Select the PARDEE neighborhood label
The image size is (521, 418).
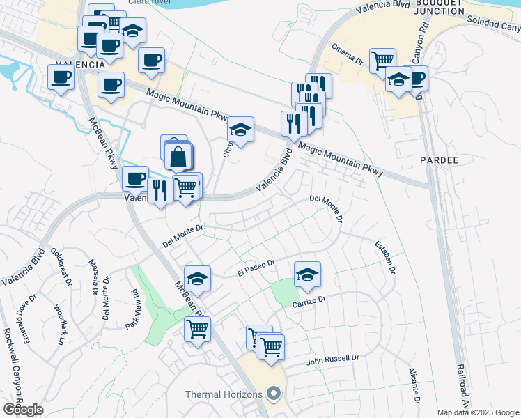click(439, 160)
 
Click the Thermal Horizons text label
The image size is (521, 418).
click(224, 394)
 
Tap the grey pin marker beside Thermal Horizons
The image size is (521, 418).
click(274, 394)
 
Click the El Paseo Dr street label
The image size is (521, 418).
click(257, 268)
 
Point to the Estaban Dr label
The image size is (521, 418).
click(385, 258)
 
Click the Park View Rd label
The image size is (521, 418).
click(132, 309)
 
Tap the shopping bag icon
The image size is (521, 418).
click(178, 157)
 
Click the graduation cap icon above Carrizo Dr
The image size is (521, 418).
click(307, 275)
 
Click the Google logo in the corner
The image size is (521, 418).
click(23, 410)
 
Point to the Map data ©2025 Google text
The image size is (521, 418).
click(478, 412)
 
